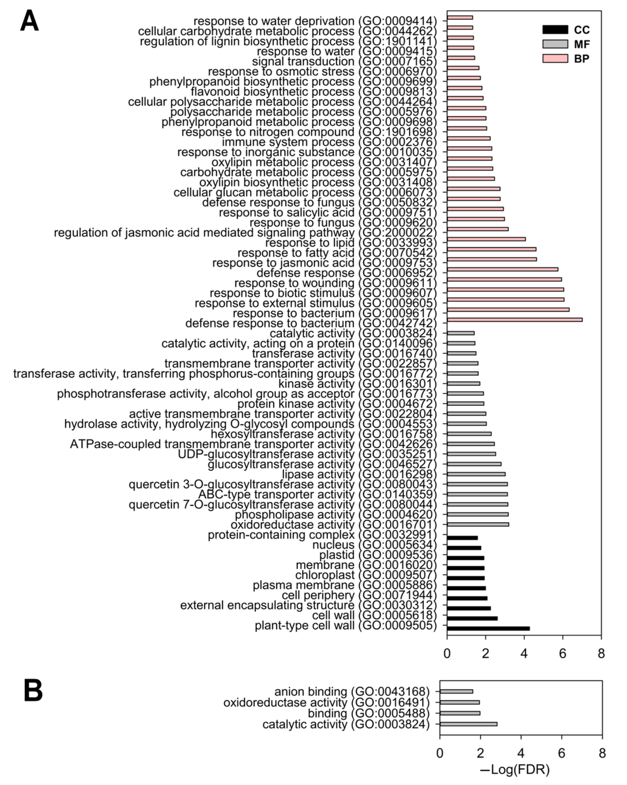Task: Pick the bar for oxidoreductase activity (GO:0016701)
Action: [478, 524]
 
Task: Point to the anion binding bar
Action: [456, 691]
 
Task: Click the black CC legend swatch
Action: [555, 29]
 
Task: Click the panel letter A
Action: [29, 21]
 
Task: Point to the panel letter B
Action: [33, 691]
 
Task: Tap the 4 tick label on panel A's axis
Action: [524, 653]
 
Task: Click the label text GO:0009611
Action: [398, 283]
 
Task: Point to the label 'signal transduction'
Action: [303, 61]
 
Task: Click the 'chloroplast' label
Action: [324, 575]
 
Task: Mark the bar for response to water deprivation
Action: [460, 17]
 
